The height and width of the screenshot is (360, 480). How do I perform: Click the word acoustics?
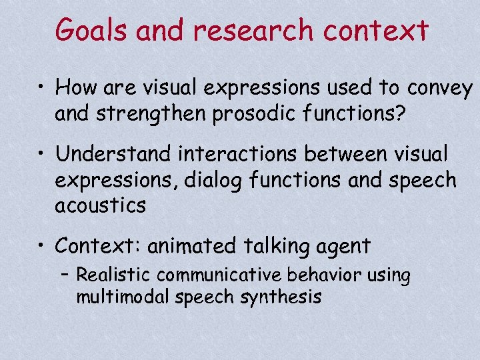click(x=100, y=206)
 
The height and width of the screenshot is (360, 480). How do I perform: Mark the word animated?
click(x=191, y=247)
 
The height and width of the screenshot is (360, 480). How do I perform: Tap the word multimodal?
click(x=123, y=297)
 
